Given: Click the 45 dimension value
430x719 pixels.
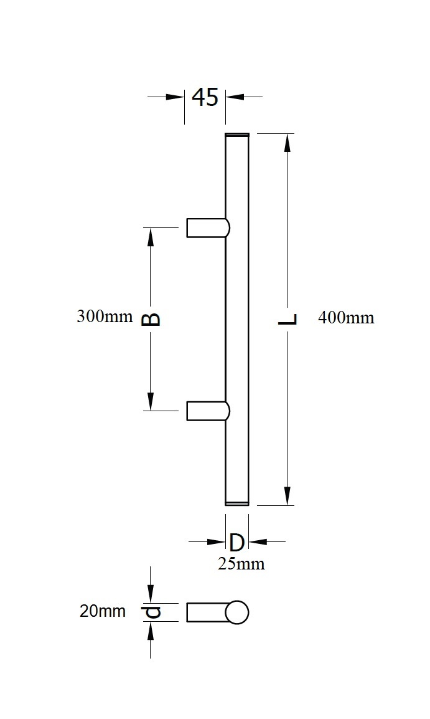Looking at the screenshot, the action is (x=205, y=97).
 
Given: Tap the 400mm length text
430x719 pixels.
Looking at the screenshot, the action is (x=346, y=318).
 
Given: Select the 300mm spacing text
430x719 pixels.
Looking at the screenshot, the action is (x=105, y=316).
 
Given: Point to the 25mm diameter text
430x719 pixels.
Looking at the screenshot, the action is (x=241, y=564).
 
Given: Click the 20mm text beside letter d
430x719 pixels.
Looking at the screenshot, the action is (x=102, y=611).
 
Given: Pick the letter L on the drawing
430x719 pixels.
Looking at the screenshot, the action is (x=287, y=319).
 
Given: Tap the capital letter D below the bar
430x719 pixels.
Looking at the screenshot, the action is (x=237, y=542).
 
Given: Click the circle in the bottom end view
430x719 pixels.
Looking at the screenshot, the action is (x=236, y=612).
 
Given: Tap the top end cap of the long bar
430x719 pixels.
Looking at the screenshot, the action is (x=236, y=135).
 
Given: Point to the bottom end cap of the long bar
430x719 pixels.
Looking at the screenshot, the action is (x=236, y=503).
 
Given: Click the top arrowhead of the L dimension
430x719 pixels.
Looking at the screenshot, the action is (x=287, y=143).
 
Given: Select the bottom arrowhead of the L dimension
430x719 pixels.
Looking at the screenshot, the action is (x=287, y=496).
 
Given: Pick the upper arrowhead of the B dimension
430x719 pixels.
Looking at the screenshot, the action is (x=150, y=237).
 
